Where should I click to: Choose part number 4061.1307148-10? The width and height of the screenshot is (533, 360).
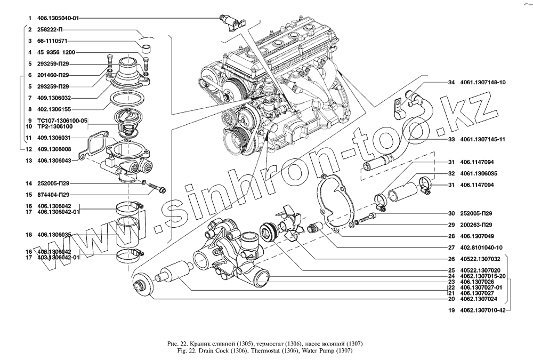485,82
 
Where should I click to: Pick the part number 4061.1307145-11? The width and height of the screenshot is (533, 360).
485,140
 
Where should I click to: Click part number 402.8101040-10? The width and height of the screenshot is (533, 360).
483,247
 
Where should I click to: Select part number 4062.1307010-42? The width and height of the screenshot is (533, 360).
483,310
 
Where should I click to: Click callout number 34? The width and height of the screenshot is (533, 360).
450,82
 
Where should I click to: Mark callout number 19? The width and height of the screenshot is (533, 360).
450,310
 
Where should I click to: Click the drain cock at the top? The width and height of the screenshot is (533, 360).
231,21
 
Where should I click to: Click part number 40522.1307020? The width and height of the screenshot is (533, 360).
481,271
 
